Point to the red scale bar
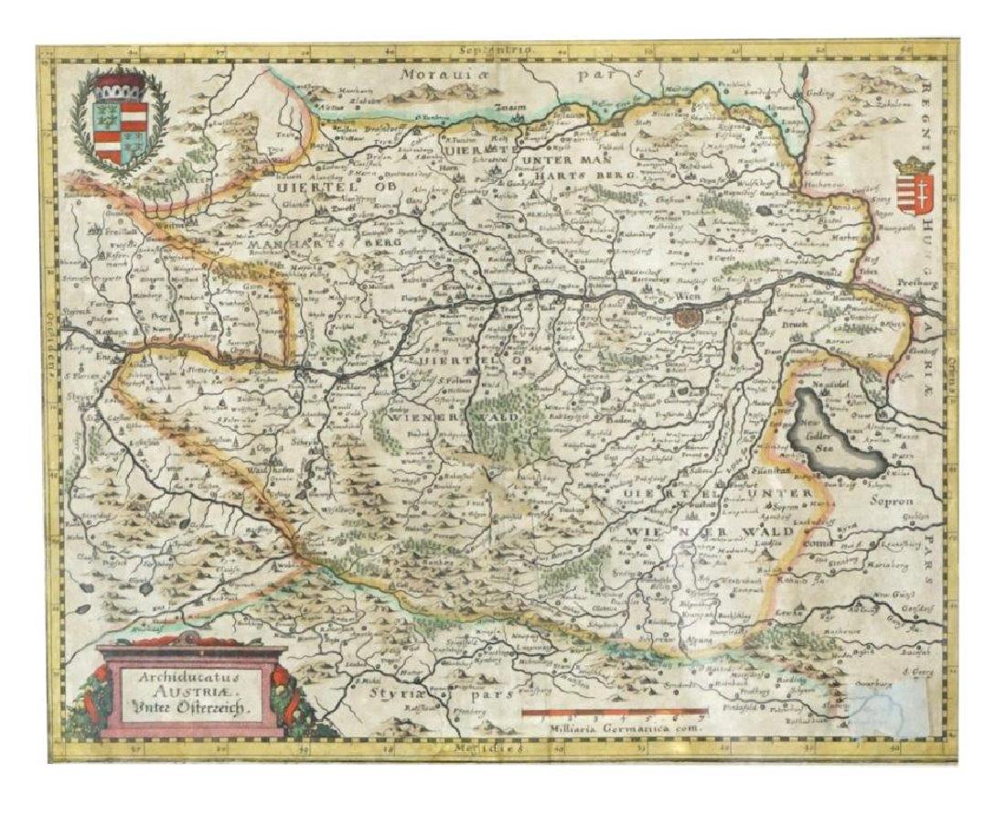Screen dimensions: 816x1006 pos(613,710)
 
